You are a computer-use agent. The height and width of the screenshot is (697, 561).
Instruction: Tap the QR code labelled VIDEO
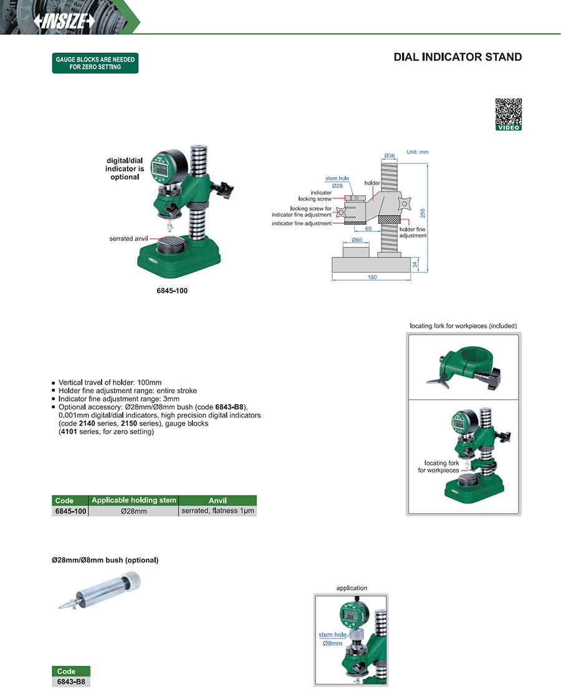tap(508, 112)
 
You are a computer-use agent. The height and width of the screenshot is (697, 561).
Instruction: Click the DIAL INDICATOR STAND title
tap(458, 57)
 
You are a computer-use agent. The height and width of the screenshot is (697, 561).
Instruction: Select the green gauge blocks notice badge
tap(95, 63)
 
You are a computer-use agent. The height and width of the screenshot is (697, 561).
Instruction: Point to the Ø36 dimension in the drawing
tap(389, 155)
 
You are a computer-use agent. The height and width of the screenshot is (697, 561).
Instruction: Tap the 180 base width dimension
tap(372, 277)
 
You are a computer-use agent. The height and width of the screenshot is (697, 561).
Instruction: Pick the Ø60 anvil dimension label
tap(357, 239)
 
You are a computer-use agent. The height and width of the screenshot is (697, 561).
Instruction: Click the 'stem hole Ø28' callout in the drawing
tap(337, 182)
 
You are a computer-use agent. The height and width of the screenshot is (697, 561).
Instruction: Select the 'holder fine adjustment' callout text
tap(413, 233)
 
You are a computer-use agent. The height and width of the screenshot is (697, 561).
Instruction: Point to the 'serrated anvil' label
tap(128, 239)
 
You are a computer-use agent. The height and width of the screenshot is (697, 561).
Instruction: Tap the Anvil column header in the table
tap(218, 500)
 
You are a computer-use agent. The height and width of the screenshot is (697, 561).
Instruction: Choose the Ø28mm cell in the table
tap(133, 511)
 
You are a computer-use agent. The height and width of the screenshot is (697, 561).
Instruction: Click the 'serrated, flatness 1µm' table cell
tap(218, 511)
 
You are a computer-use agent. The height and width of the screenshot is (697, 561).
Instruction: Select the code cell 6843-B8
tap(70, 682)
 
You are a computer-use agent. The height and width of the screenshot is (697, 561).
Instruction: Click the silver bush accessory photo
tap(102, 592)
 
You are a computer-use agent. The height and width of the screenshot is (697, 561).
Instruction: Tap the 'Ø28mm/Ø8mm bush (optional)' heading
tap(105, 560)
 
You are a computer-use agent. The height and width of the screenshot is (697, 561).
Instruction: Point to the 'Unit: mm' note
tap(417, 152)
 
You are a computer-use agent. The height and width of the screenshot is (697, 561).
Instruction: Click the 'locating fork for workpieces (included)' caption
tap(463, 326)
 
